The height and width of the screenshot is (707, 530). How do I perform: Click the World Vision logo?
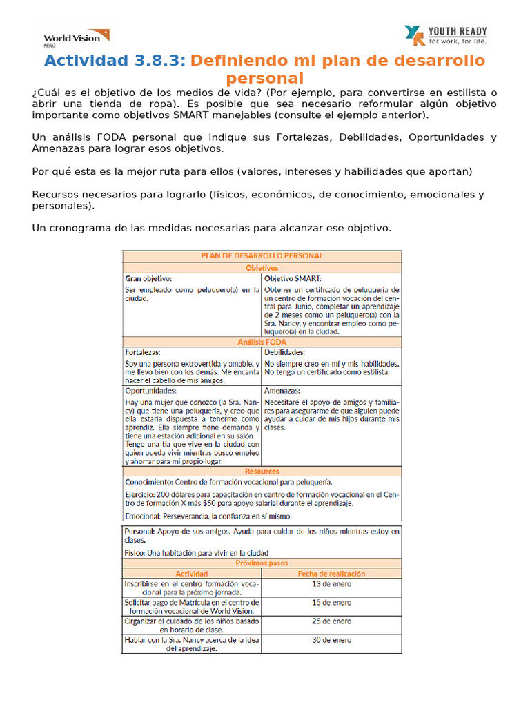[76, 37]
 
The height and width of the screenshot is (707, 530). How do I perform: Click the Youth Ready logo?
[446, 35]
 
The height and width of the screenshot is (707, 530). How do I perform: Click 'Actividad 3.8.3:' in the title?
[115, 61]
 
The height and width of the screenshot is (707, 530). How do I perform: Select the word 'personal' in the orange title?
[265, 78]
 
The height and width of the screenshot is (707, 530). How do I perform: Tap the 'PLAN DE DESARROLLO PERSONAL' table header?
[262, 255]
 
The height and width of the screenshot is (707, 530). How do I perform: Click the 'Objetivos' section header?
[262, 267]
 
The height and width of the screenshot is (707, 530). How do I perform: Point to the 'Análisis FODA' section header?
[262, 342]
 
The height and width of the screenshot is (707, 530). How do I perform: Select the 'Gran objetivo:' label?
[148, 278]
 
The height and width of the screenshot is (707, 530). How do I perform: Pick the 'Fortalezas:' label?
[143, 352]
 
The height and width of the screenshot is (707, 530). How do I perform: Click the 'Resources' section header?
[262, 471]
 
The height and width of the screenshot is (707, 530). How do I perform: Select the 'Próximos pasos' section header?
[262, 563]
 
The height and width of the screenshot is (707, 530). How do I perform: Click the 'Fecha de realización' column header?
[331, 574]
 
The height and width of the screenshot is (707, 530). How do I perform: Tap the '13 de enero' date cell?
[331, 584]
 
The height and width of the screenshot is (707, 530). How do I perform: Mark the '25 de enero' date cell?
[331, 621]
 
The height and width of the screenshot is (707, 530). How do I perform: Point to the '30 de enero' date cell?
[331, 640]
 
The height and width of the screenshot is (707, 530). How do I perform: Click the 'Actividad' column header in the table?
[191, 574]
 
